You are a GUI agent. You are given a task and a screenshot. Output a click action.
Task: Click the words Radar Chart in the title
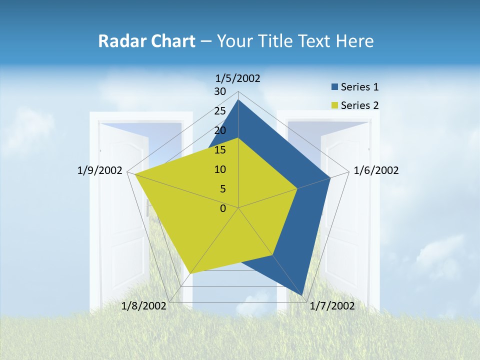click(x=146, y=41)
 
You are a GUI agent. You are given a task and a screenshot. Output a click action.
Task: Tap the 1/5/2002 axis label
click(x=238, y=78)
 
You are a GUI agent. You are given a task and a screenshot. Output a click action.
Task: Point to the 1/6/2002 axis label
click(x=376, y=170)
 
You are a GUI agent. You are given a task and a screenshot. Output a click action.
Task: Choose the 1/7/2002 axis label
click(x=332, y=306)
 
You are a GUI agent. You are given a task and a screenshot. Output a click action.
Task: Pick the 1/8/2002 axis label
click(x=144, y=306)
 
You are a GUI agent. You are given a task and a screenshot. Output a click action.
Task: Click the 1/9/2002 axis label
click(x=100, y=170)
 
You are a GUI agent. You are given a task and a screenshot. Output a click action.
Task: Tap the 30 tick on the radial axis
click(x=220, y=91)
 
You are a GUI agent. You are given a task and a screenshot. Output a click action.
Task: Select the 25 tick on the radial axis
click(x=220, y=111)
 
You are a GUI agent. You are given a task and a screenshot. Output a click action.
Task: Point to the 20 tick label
click(x=220, y=130)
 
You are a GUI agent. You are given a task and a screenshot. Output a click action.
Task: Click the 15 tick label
click(x=220, y=150)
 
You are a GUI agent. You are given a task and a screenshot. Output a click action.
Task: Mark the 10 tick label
click(x=220, y=169)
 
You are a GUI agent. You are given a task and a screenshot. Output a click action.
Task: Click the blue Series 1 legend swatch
click(x=334, y=87)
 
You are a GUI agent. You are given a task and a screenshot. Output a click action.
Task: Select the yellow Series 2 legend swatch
click(x=334, y=105)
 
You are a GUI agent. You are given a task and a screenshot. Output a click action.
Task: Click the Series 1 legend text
click(x=359, y=87)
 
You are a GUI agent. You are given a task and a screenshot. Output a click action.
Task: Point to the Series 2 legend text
click(x=359, y=105)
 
